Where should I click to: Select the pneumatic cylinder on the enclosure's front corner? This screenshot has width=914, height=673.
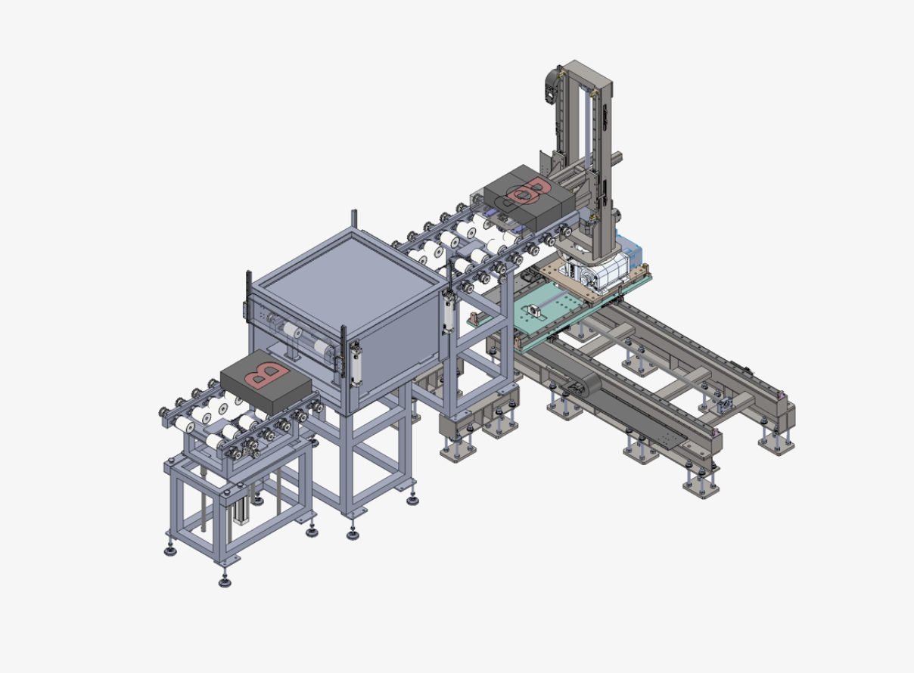[x=355, y=364]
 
